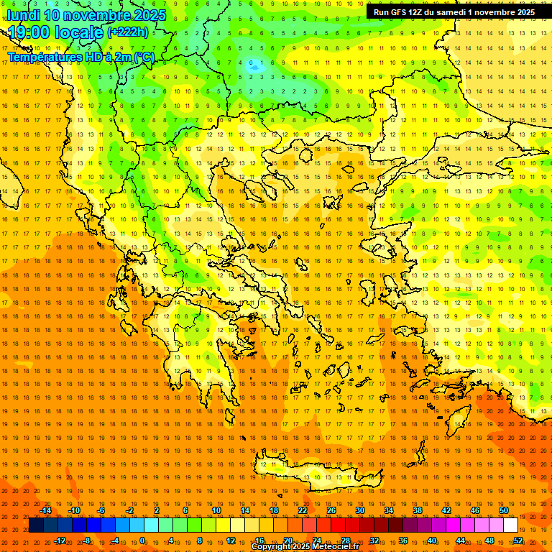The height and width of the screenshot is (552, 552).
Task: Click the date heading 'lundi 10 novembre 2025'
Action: pos(86,15)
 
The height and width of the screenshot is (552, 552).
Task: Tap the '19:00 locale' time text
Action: pos(56,32)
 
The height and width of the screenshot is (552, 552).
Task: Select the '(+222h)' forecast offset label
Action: pos(128,32)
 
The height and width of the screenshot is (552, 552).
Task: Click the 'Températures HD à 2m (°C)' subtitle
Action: pos(80,57)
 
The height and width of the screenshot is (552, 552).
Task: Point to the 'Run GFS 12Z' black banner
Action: pos(454,12)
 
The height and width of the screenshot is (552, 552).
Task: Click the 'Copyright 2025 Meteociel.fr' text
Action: pos(305,547)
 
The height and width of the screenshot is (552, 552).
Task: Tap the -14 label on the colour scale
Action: pos(46,510)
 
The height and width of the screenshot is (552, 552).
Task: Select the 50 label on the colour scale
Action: pos(504,510)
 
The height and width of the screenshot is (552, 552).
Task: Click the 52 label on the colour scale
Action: pos(518,540)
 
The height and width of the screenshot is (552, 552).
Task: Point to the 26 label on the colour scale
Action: pos(331,510)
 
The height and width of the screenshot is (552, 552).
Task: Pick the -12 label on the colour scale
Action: pos(60,540)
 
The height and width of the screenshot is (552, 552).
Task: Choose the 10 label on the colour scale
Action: pos(216,510)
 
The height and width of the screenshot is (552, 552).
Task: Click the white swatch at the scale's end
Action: pos(510,525)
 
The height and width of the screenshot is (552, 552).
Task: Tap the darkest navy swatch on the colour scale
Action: pos(36,525)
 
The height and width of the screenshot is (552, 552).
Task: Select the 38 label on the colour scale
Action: pos(418,510)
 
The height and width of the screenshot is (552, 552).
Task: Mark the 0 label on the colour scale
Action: pos(142,540)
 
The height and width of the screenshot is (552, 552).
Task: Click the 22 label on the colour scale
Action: pos(303,510)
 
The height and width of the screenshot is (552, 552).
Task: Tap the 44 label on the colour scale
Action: pos(461,540)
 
